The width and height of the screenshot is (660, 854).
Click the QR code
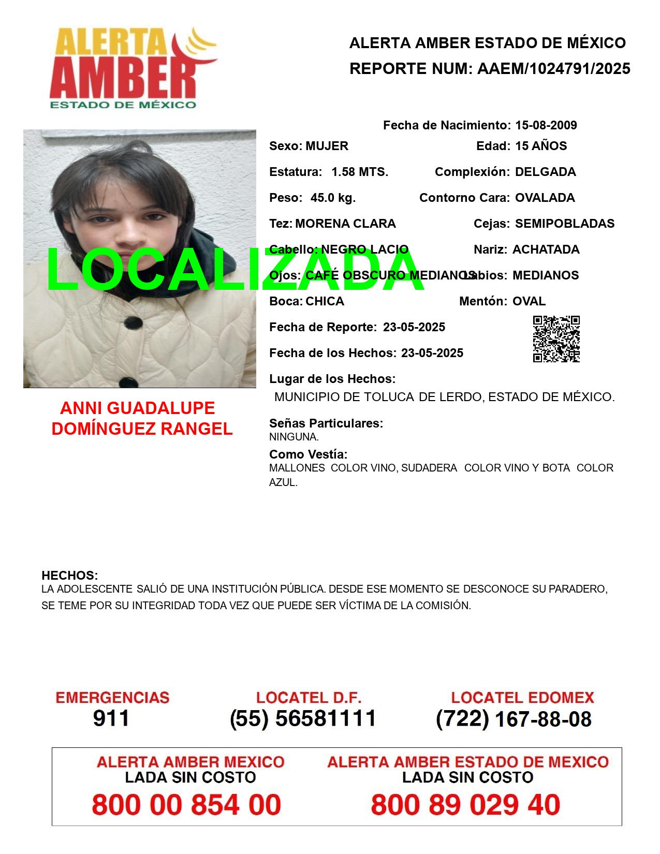tap(556, 339)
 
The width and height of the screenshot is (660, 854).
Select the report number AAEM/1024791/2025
tap(553, 69)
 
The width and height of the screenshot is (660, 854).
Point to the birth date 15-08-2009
tap(546, 125)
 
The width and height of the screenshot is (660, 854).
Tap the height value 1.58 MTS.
tap(360, 172)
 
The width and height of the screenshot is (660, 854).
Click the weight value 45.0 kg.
tap(333, 198)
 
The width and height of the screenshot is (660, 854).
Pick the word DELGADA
tap(545, 172)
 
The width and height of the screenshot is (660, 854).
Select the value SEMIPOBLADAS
tap(564, 224)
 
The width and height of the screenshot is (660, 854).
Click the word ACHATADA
tap(546, 249)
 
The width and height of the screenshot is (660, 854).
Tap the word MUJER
tap(327, 146)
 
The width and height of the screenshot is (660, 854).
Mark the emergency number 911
tap(111, 718)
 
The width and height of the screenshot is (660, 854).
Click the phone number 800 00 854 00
tap(186, 805)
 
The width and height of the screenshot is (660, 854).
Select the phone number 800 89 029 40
tap(465, 805)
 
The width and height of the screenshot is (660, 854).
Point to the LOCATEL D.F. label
tap(309, 698)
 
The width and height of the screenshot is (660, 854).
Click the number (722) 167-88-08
tap(514, 719)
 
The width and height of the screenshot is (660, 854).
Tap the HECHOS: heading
tap(69, 576)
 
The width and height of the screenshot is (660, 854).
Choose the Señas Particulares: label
tap(326, 423)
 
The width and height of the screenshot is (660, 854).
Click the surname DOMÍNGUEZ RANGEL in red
tap(142, 429)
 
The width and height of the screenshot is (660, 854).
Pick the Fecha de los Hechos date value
tap(432, 353)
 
